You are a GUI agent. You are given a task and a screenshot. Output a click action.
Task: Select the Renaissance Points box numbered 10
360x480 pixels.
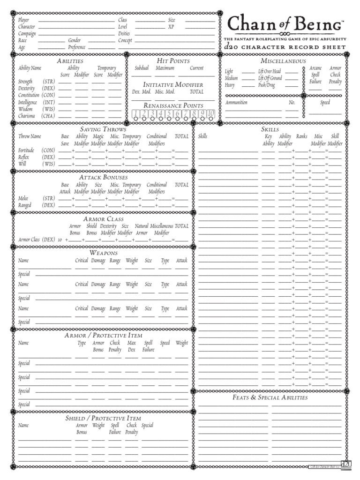point(211,114)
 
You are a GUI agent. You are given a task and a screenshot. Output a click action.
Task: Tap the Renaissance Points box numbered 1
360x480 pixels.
point(135,114)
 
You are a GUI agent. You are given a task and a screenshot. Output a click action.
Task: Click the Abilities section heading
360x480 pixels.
point(70,61)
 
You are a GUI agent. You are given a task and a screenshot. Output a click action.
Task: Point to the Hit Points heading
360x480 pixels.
point(173,61)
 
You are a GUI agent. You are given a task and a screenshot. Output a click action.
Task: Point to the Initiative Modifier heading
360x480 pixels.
point(173,84)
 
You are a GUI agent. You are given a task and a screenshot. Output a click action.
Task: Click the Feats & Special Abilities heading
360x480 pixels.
point(270,397)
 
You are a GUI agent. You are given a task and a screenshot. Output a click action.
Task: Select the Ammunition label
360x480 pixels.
point(236,102)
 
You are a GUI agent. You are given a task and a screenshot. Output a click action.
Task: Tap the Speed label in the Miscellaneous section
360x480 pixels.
point(325,102)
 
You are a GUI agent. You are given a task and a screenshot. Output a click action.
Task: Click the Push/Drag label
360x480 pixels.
point(267,85)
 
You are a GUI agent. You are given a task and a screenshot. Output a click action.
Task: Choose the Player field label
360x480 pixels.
point(23,20)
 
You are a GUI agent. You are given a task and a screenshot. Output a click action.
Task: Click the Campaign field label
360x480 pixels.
point(27,34)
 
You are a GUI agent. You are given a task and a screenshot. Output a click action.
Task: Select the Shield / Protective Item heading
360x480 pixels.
point(103,418)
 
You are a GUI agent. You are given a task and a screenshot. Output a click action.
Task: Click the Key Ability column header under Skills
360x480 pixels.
point(268,140)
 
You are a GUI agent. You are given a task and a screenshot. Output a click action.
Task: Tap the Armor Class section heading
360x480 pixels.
point(103,219)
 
